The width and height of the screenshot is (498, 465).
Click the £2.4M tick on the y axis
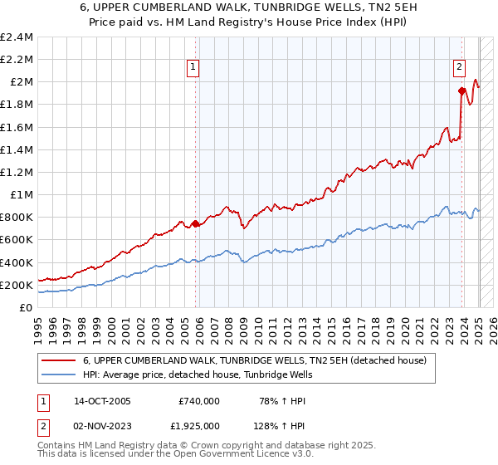[x=16, y=37]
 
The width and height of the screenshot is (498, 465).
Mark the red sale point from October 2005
[x=196, y=223]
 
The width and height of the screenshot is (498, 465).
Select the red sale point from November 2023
[x=461, y=91]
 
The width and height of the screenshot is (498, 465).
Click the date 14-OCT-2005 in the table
[x=103, y=401]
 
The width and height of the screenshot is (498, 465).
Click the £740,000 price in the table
[x=199, y=401]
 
